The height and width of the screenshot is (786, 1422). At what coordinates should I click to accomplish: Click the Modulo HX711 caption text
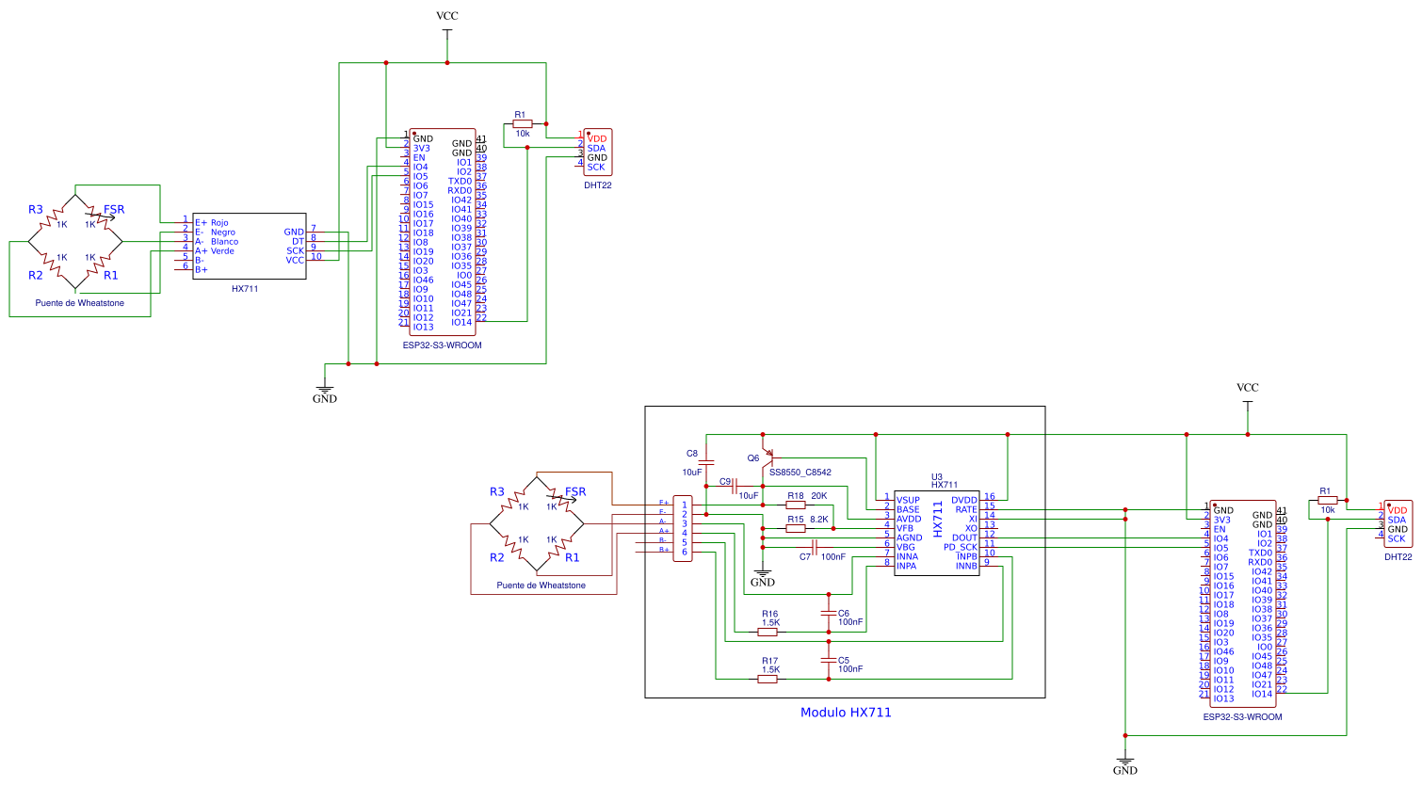click(845, 713)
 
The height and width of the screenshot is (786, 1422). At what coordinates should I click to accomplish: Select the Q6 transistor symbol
click(768, 458)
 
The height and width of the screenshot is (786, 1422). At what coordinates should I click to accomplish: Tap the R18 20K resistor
click(796, 505)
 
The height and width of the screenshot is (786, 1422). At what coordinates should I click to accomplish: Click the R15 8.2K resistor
click(796, 529)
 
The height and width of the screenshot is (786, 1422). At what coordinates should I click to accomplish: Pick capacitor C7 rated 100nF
click(814, 548)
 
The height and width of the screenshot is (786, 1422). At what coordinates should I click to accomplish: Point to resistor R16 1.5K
click(768, 632)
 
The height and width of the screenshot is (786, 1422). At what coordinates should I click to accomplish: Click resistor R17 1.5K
click(768, 679)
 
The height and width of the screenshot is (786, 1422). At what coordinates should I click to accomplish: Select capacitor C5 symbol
click(829, 661)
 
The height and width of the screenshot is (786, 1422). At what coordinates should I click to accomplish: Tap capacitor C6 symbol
click(829, 613)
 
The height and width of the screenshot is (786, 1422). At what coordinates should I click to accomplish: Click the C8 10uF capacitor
click(707, 462)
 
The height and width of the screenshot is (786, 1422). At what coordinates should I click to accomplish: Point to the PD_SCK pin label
click(961, 547)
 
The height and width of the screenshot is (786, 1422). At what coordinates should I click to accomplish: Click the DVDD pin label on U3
click(964, 500)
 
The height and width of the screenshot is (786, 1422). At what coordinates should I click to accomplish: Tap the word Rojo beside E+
click(219, 223)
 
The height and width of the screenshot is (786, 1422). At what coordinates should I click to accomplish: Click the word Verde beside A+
click(222, 251)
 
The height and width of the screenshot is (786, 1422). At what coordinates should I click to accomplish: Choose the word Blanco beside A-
click(224, 242)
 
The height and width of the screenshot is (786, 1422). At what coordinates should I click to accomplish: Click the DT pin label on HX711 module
click(298, 242)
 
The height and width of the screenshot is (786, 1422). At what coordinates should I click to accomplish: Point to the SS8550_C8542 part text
click(800, 473)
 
